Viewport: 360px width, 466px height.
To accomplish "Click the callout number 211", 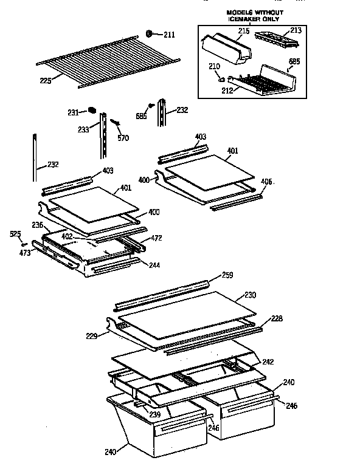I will [168, 35].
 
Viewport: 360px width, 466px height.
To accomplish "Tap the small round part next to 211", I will [150, 33].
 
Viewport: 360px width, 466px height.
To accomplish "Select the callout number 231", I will [73, 112].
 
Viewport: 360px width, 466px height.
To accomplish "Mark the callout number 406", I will [266, 181].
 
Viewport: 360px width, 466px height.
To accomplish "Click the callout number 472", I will [156, 238].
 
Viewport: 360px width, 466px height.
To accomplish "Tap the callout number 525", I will [16, 233].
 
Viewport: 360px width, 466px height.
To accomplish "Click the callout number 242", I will [268, 361].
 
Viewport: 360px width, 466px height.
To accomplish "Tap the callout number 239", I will [156, 414].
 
